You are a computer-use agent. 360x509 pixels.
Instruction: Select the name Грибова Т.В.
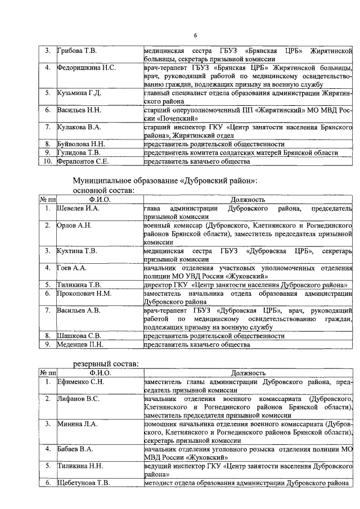(x=77, y=52)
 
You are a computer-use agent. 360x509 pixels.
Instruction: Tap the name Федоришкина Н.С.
(x=86, y=68)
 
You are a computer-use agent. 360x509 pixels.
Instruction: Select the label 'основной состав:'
(x=103, y=191)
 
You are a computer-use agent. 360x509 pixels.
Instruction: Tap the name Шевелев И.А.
(x=78, y=209)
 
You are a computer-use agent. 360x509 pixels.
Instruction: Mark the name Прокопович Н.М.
(x=84, y=294)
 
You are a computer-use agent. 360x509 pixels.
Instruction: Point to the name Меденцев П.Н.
(x=80, y=344)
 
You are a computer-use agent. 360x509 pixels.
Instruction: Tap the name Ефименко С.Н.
(x=80, y=382)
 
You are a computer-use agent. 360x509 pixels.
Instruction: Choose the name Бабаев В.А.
(x=75, y=449)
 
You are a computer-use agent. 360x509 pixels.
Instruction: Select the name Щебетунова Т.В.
(x=83, y=483)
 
